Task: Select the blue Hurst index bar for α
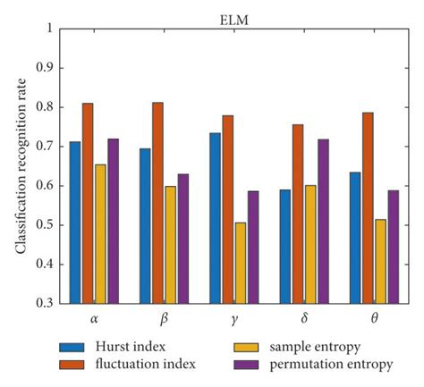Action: click(x=75, y=223)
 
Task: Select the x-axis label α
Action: click(x=88, y=316)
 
